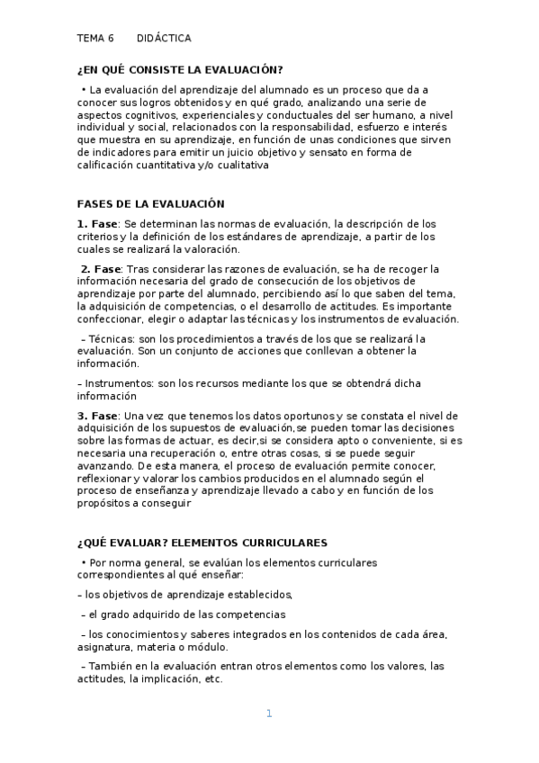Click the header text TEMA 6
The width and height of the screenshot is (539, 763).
pyautogui.click(x=95, y=39)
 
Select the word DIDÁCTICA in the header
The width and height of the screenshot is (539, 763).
pyautogui.click(x=164, y=39)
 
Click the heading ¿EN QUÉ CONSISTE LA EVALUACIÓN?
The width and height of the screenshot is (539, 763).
pyautogui.click(x=180, y=70)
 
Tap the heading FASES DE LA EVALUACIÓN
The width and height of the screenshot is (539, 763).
pyautogui.click(x=151, y=204)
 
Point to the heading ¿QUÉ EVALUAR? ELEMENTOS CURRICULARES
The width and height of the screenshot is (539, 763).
pyautogui.click(x=202, y=543)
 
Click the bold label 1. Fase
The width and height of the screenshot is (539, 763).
pyautogui.click(x=97, y=224)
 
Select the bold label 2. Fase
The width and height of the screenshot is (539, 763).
pyautogui.click(x=101, y=269)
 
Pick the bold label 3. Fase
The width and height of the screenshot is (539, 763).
pyautogui.click(x=97, y=416)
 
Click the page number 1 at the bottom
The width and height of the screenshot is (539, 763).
pyautogui.click(x=268, y=714)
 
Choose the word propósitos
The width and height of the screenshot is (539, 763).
pyautogui.click(x=104, y=504)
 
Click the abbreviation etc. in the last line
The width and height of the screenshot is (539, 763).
pyautogui.click(x=213, y=679)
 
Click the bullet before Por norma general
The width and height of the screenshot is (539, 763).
pyautogui.click(x=83, y=562)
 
